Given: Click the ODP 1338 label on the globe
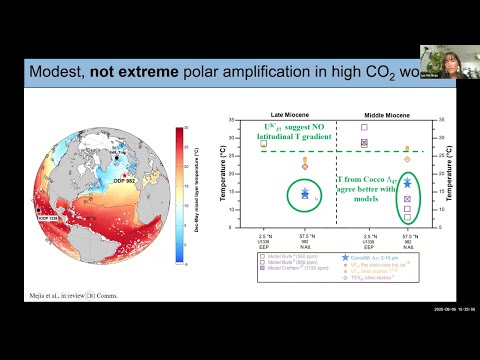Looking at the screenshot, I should (x=50, y=217).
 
